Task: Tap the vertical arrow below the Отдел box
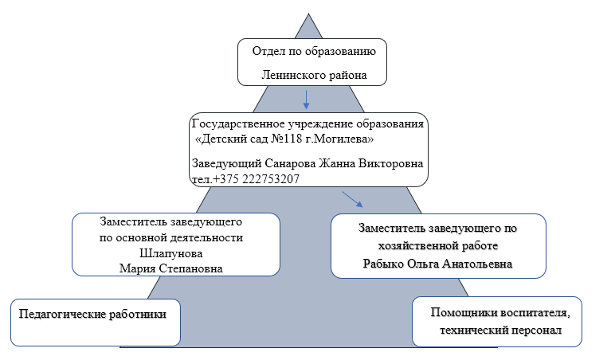click(x=306, y=100)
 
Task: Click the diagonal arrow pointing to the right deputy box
click(x=352, y=199)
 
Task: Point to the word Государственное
click(x=238, y=124)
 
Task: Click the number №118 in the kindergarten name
click(x=286, y=139)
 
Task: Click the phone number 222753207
click(x=271, y=179)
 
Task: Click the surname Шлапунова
click(x=171, y=253)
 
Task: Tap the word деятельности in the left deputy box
click(x=208, y=237)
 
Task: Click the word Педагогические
click(x=62, y=314)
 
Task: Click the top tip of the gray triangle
click(x=308, y=14)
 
